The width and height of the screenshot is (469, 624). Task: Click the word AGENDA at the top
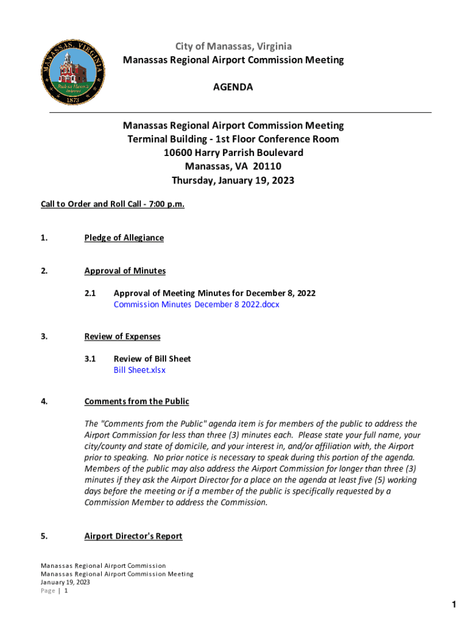[x=233, y=87]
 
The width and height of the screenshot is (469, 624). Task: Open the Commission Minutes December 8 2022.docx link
[x=196, y=304]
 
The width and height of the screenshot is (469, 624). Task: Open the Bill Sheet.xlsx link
[x=139, y=370]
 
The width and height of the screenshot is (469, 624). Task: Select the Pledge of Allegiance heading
[x=124, y=238]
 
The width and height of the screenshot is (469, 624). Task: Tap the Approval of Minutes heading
[x=125, y=271]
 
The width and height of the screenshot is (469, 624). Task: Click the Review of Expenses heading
[x=122, y=336]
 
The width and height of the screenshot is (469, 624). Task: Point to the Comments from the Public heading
[x=136, y=402]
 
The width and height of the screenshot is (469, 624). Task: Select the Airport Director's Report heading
[x=133, y=536]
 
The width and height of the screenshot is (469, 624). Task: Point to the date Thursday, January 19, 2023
[x=233, y=180]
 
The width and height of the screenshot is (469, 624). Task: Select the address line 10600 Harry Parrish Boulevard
[x=233, y=152]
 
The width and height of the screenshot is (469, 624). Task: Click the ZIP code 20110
[x=268, y=166]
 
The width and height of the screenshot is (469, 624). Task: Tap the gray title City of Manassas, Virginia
[x=233, y=46]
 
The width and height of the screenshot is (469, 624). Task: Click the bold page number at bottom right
[x=454, y=604]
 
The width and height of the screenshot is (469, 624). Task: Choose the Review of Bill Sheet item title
[x=152, y=359]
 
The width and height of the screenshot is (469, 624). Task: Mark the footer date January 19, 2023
[x=65, y=582]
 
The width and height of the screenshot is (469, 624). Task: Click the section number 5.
[x=44, y=536]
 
